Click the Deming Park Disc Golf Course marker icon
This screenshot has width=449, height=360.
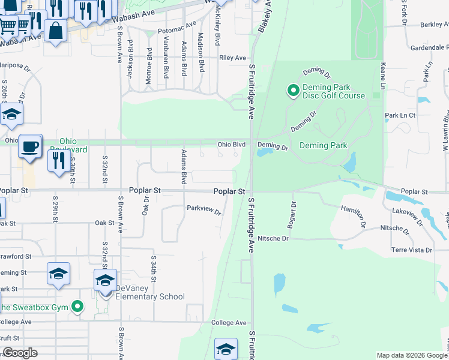click(x=293, y=91)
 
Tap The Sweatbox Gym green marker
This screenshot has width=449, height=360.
click(x=77, y=307)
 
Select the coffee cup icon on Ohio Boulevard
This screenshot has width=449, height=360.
click(x=29, y=146)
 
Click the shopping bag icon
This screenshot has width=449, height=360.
click(x=55, y=30)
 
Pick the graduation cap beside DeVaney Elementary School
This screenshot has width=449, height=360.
click(x=105, y=281)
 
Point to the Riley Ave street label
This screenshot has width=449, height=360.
click(x=233, y=58)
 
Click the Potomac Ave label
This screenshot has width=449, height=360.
click(x=177, y=28)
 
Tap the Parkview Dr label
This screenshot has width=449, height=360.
click(x=204, y=210)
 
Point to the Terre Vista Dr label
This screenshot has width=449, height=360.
click(x=412, y=250)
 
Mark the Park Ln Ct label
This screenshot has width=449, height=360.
click(x=400, y=115)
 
